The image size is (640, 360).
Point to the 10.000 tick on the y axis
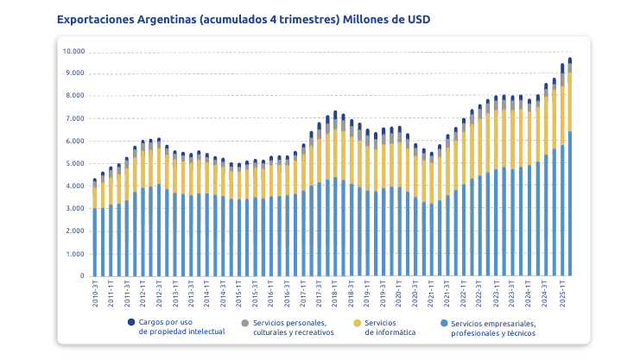click(x=73, y=51)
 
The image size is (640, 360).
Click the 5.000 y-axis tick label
click(x=75, y=164)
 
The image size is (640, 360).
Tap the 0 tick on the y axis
click(x=82, y=277)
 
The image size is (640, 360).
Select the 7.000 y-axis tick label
click(x=75, y=119)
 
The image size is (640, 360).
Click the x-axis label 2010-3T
click(x=95, y=295)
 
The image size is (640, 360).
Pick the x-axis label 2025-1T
click(x=561, y=295)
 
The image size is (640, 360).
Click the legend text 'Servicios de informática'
click(x=391, y=327)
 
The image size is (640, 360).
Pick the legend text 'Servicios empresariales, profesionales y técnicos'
click(x=493, y=327)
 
